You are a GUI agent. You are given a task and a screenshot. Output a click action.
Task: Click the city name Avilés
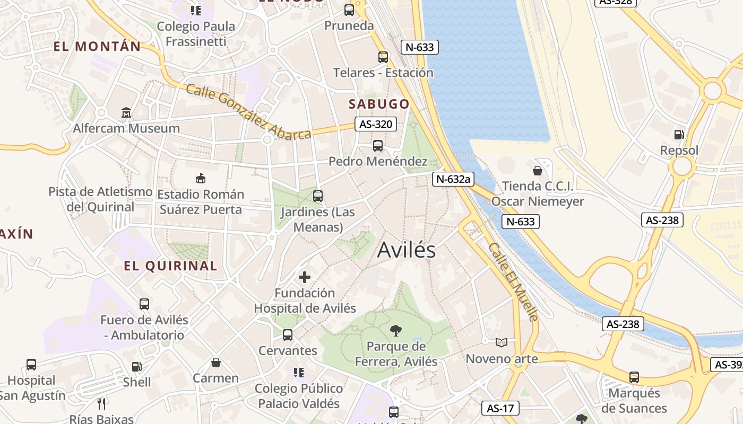pos(406,250)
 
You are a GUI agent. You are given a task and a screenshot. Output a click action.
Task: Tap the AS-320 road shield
pos(376,125)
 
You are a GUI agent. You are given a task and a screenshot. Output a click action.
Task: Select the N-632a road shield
pos(453,179)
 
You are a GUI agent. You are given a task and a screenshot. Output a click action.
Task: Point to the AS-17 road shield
pos(500,408)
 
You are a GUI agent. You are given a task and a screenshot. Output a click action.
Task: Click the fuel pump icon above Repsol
pos(679,135)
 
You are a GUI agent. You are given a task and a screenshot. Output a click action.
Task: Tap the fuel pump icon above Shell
pos(136,367)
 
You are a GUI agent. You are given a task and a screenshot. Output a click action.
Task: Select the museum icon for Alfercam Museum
pos(126,112)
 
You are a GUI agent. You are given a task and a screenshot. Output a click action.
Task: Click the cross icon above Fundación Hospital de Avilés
pos(305,277)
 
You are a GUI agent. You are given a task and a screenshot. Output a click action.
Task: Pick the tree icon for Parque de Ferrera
pos(395,331)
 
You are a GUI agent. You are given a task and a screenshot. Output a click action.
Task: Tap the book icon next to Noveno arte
pos(502,343)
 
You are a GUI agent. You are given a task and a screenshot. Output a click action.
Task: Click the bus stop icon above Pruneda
pos(349,10)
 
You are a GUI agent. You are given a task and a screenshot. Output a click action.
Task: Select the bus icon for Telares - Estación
pos(383,57)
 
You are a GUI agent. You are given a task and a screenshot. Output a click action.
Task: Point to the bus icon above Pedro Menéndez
pos(378,145)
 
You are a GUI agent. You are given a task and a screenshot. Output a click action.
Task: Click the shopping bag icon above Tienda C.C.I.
pos(538,171)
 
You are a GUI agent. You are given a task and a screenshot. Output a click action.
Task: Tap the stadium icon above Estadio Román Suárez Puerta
pos(201,178)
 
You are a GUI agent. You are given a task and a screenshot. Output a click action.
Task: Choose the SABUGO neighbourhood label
pos(379,104)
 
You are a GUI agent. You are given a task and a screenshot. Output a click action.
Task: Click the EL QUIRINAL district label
pos(170,266)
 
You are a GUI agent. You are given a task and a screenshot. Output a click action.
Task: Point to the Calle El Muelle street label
pos(513,281)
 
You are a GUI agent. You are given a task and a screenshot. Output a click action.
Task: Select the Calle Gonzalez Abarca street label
pos(248,112)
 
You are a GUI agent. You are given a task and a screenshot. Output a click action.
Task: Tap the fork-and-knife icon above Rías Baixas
pos(101,404)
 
